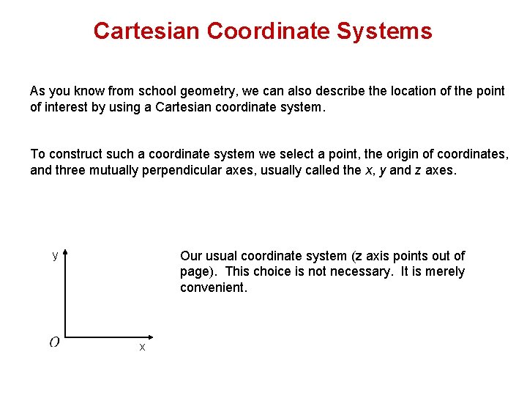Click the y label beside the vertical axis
(55, 255)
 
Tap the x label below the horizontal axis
(142, 347)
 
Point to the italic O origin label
(55, 342)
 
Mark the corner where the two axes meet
(66, 337)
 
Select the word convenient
(214, 287)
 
